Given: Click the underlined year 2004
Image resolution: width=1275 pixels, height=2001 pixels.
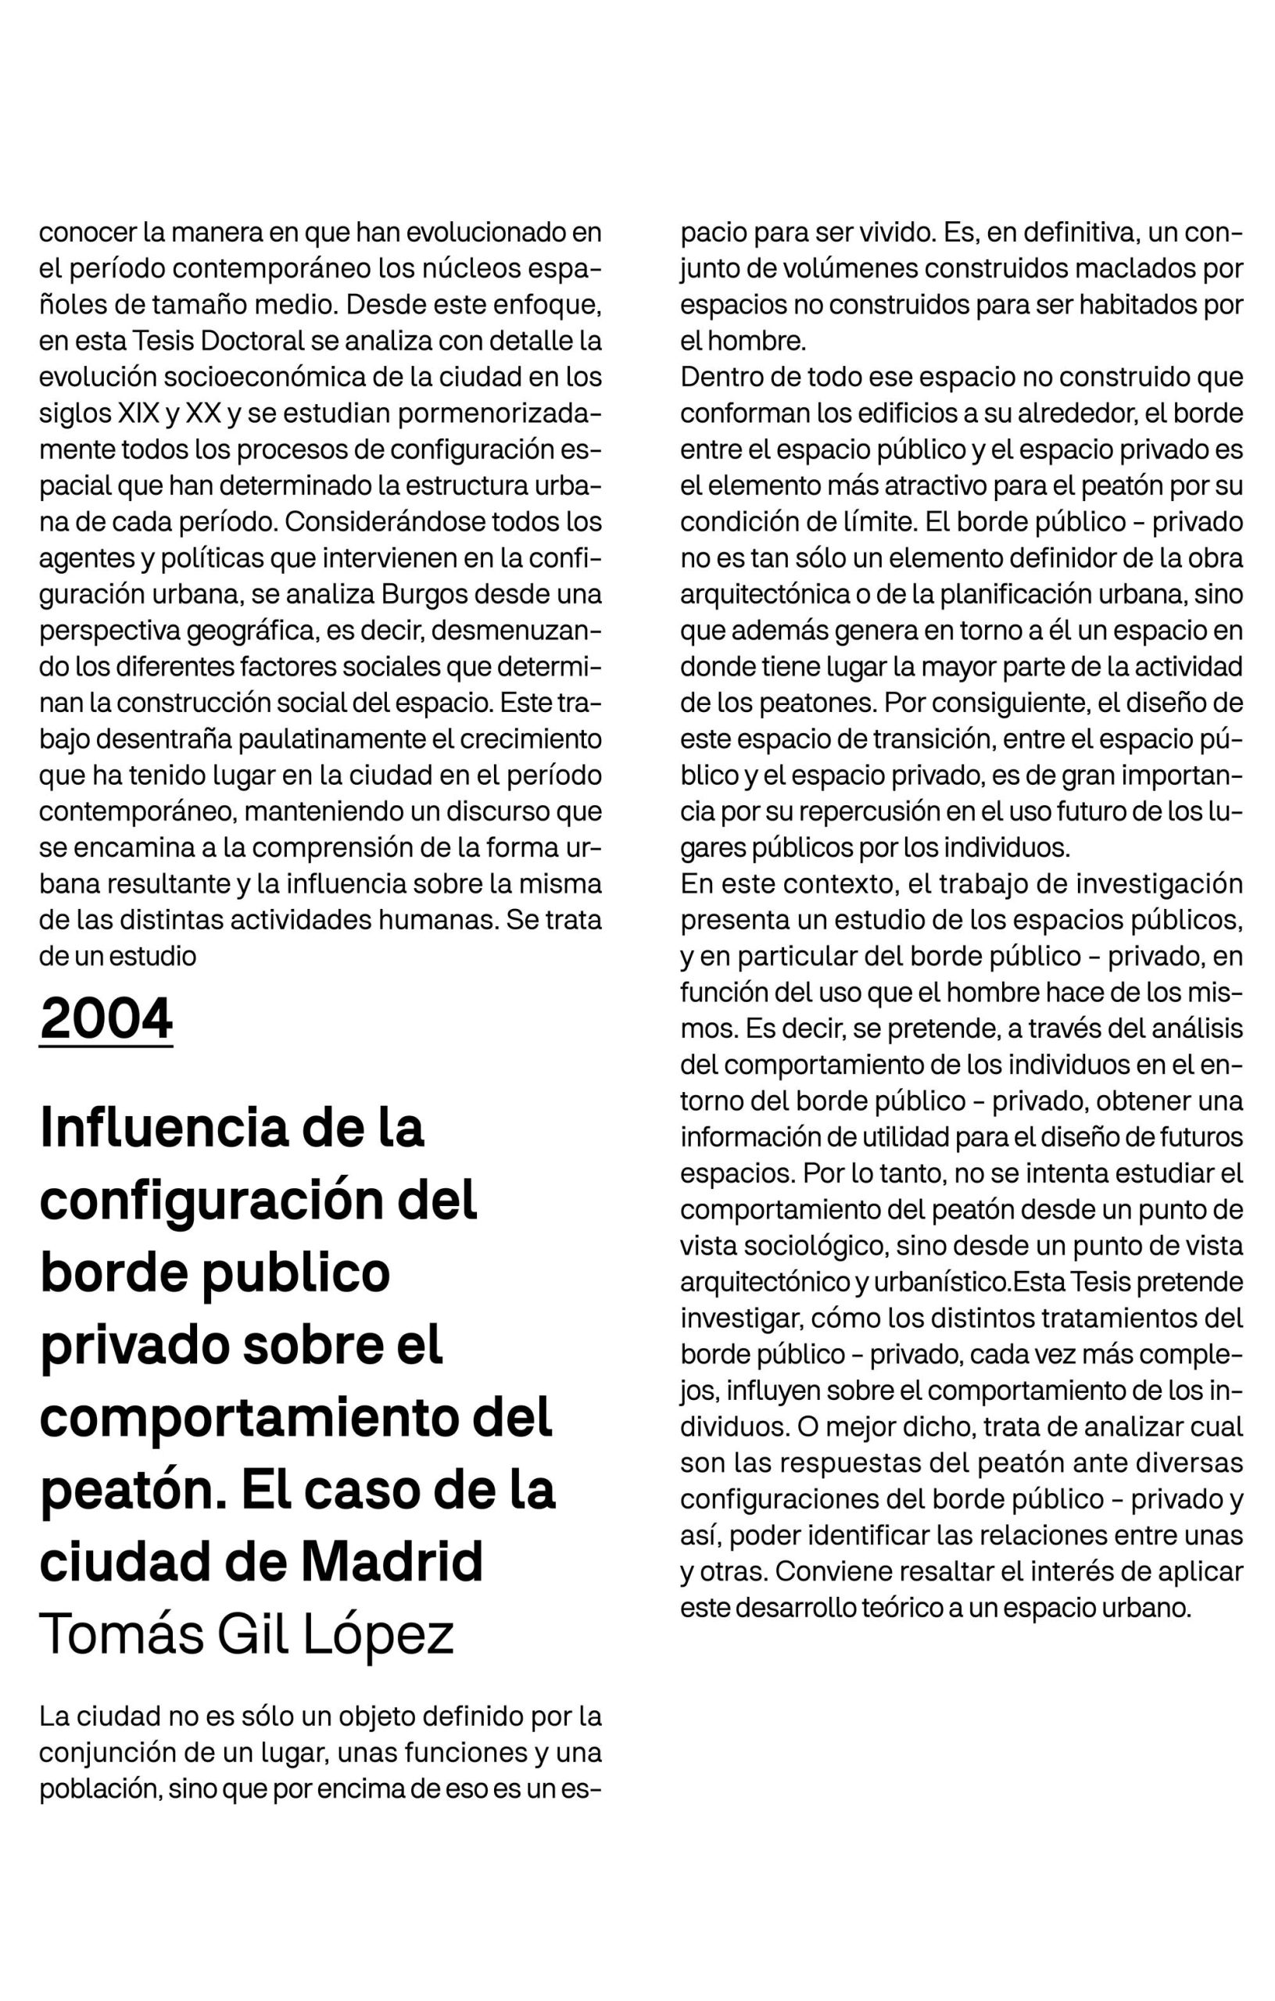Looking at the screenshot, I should [106, 1018].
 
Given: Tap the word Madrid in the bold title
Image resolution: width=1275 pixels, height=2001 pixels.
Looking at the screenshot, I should [392, 1561].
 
